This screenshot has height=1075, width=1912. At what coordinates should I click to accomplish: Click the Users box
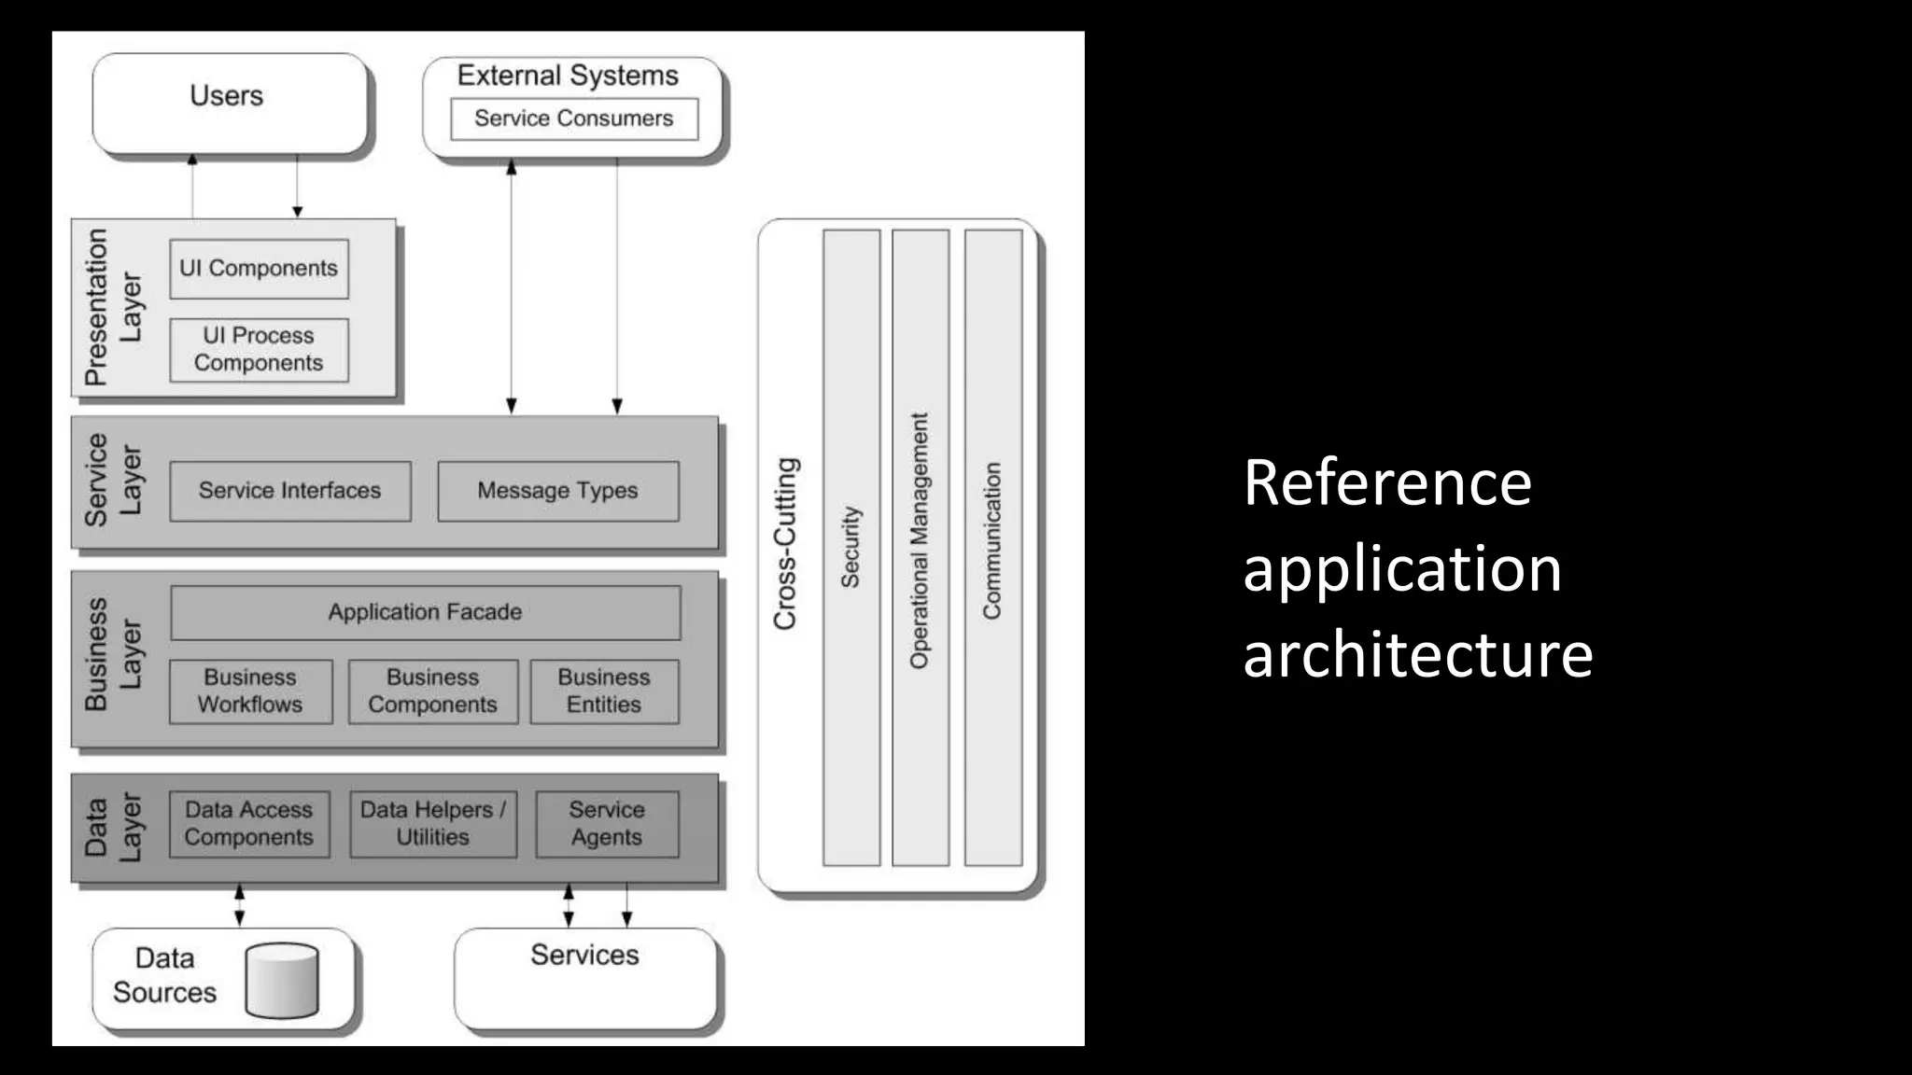click(x=230, y=103)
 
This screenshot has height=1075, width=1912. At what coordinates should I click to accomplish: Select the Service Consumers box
click(x=573, y=119)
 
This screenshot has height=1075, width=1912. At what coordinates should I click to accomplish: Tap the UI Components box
click(x=259, y=269)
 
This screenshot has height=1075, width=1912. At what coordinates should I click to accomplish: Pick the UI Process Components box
click(x=259, y=350)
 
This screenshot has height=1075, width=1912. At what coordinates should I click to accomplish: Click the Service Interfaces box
click(x=289, y=491)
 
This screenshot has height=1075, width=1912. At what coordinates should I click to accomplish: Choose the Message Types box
click(x=557, y=491)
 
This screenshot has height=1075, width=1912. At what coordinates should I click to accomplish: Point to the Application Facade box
click(x=425, y=612)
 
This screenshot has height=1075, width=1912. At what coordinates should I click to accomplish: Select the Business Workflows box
click(x=250, y=691)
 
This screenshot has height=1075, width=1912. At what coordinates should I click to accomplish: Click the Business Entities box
click(x=604, y=691)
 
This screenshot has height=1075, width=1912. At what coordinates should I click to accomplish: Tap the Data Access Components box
click(x=248, y=824)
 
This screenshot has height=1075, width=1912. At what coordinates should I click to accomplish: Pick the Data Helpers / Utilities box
click(x=432, y=824)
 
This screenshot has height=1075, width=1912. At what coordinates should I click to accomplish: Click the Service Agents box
click(x=607, y=824)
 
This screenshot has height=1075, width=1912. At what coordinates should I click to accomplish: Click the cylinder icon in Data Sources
click(x=282, y=980)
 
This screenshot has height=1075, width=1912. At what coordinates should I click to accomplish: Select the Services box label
click(x=584, y=956)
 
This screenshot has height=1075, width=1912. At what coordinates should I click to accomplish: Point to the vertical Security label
click(x=851, y=548)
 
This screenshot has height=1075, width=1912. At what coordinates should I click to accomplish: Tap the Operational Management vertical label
click(x=920, y=541)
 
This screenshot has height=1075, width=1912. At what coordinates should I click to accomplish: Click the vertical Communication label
click(x=991, y=541)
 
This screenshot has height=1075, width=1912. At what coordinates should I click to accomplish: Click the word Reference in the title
click(x=1387, y=483)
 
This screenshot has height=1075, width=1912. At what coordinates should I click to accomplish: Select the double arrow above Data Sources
click(x=240, y=905)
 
